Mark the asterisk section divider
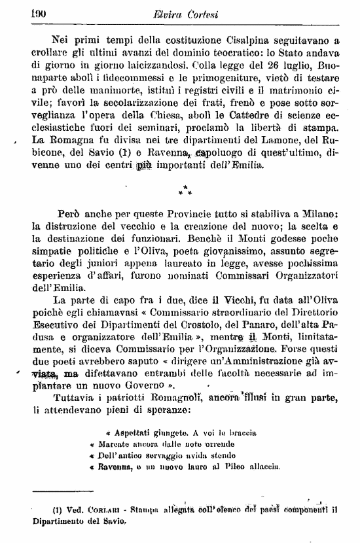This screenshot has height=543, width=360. [x=185, y=192]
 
